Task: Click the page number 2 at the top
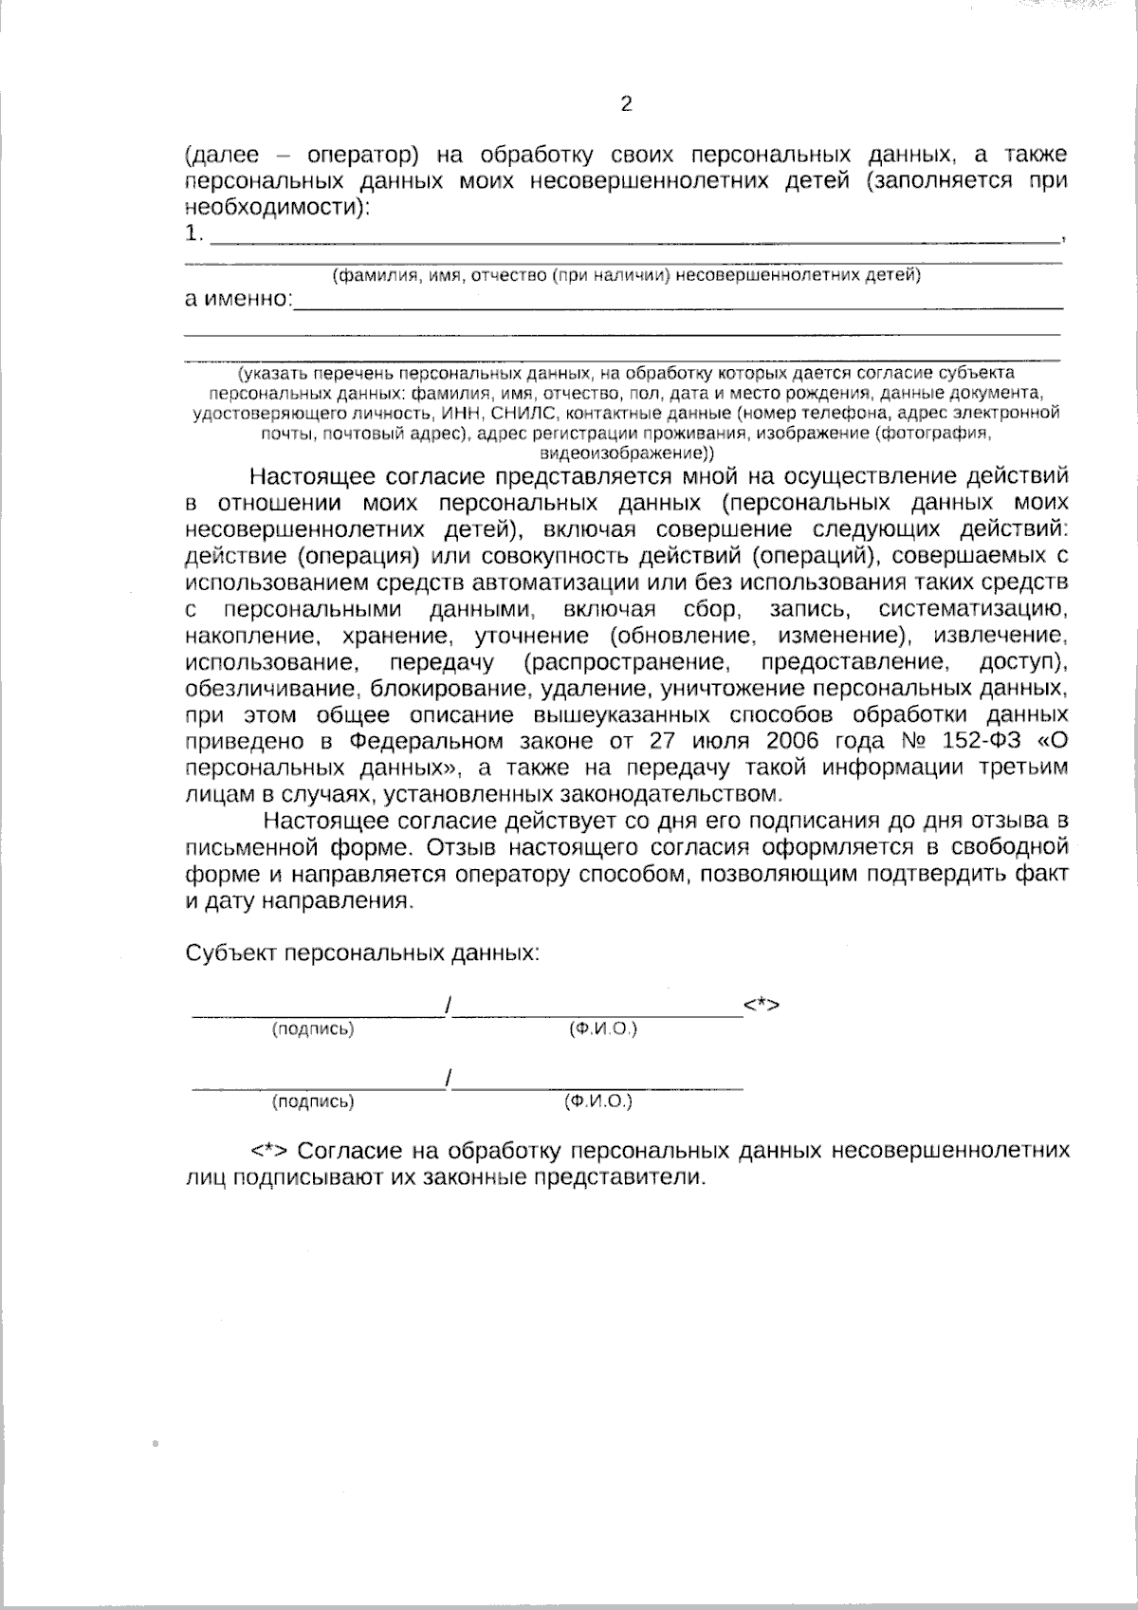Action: point(626,104)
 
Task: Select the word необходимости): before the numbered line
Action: point(276,207)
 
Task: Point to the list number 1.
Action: point(193,233)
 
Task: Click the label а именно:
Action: point(238,300)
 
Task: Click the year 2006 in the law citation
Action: point(761,740)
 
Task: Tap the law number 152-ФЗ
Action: point(963,740)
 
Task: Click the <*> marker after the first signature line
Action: point(762,1004)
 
